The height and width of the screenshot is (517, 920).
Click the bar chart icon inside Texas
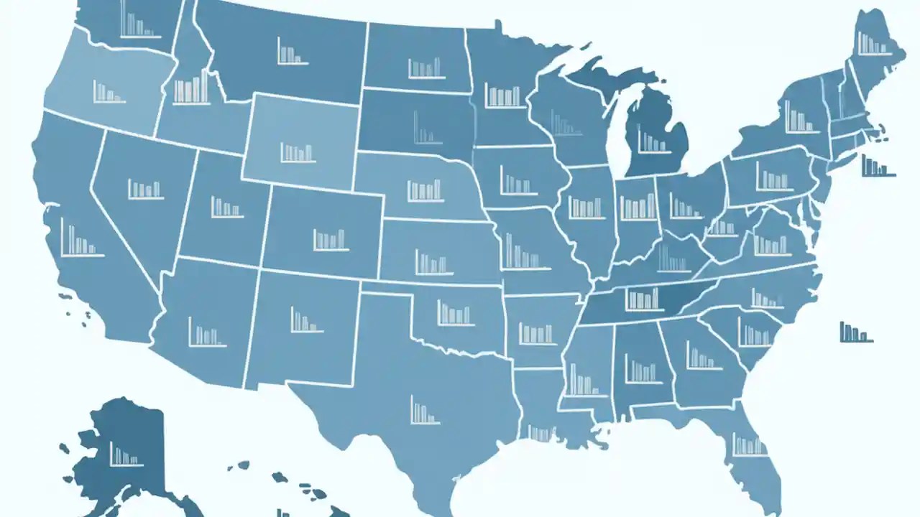coord(424,410)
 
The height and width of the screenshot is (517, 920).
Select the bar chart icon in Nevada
coord(145,189)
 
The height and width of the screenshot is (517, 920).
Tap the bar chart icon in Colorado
coord(330,238)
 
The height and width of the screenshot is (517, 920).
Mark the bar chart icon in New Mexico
coord(306,320)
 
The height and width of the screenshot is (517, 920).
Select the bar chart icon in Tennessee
coord(643,298)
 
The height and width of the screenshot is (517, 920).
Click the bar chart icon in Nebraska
coord(425,190)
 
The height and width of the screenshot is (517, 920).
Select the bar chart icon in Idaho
coord(191,87)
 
